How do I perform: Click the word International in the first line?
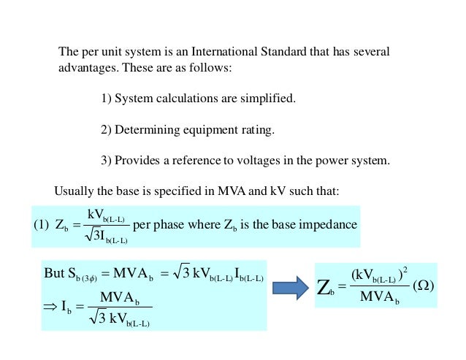(x=224, y=52)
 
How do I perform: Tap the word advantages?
(x=88, y=68)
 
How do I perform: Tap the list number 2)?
(x=106, y=130)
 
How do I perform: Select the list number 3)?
(x=106, y=161)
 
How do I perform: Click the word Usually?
(x=74, y=191)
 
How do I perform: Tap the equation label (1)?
(x=41, y=225)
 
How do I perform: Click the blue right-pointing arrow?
(x=291, y=288)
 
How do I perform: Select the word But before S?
(x=54, y=273)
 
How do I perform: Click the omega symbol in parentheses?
(x=424, y=286)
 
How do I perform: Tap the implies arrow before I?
(x=50, y=306)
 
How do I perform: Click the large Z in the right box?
(x=323, y=288)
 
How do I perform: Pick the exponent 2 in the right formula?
(x=405, y=270)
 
